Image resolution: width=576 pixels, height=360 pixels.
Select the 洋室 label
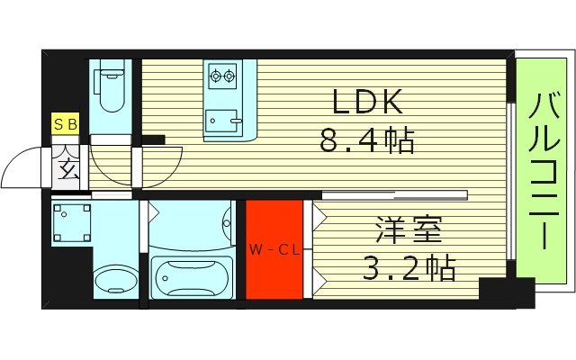[x=410, y=232]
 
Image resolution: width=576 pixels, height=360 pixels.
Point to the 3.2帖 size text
[x=410, y=267]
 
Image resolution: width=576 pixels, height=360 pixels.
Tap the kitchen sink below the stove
[x=221, y=117]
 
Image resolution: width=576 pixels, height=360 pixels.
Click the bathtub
[x=192, y=277]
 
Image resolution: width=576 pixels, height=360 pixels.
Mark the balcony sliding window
[x=510, y=180]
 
